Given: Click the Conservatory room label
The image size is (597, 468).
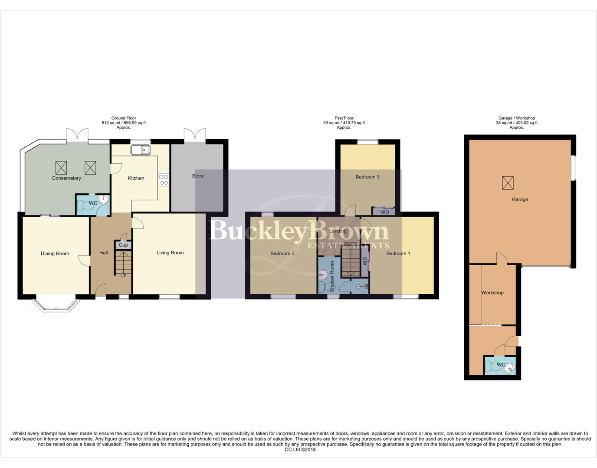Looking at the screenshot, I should click(66, 178).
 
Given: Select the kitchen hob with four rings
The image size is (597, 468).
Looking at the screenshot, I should click(164, 180).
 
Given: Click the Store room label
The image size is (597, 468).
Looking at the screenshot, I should click(198, 176).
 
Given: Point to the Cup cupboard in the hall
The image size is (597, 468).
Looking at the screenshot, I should click(123, 245).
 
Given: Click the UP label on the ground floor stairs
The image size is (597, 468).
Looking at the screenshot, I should click(123, 276).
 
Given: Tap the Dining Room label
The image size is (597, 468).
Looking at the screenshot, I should click(55, 253).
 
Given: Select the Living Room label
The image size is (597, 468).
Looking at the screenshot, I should click(170, 253).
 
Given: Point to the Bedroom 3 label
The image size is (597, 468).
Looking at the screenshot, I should click(367, 177).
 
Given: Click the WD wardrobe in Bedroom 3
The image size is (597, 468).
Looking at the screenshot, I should click(384, 212).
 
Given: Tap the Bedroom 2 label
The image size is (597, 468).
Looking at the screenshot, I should click(282, 253).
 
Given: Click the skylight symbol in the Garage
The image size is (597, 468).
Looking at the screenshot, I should click(508, 183).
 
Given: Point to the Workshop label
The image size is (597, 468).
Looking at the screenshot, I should click(492, 292).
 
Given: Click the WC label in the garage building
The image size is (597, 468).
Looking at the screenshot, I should click(501, 365).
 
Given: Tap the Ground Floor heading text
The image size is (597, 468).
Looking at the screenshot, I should click(124, 118).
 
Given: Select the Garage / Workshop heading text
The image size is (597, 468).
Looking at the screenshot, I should click(516, 118).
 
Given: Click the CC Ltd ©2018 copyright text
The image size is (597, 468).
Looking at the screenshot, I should click(300, 450).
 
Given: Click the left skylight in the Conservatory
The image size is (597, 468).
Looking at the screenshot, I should click(61, 167).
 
